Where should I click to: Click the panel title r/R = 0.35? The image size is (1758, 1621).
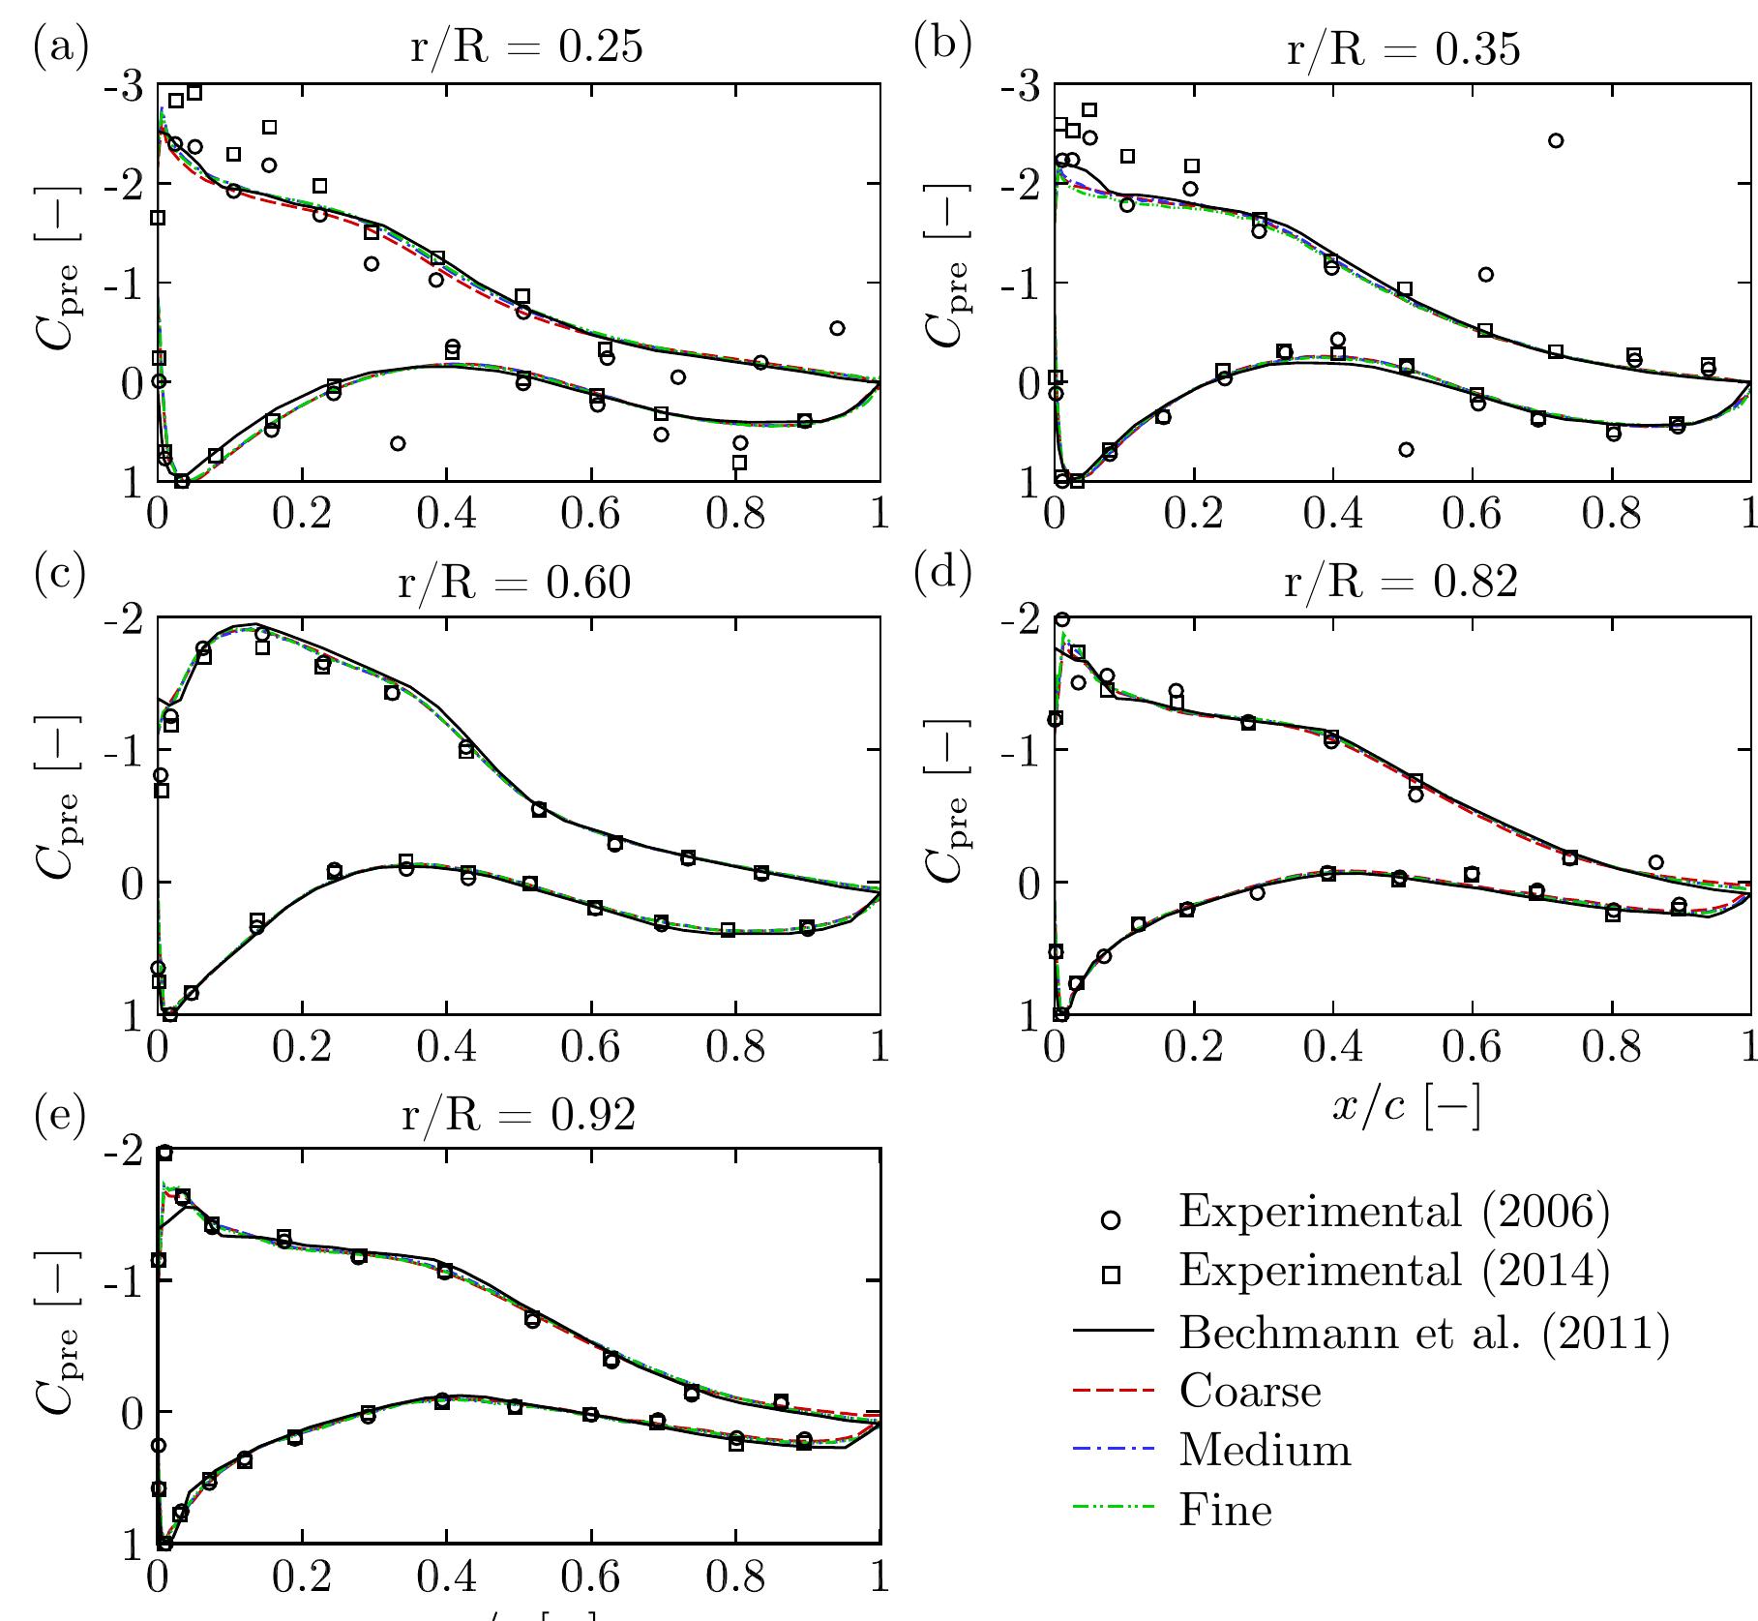(x=1403, y=47)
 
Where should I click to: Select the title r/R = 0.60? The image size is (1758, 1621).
(x=515, y=583)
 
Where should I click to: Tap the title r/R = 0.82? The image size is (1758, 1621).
(x=1401, y=583)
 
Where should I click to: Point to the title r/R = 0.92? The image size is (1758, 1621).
(x=520, y=1115)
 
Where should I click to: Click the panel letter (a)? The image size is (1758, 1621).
(x=61, y=45)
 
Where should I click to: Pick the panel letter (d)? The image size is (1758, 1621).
(x=942, y=573)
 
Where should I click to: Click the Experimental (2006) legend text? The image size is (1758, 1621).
(x=1394, y=1211)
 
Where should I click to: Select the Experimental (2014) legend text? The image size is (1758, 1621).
(x=1394, y=1271)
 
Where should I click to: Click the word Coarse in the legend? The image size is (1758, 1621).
(x=1250, y=1392)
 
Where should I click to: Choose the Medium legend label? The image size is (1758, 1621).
(x=1265, y=1451)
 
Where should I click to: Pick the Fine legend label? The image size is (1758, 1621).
(x=1225, y=1510)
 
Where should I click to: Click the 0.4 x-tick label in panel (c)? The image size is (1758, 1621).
(x=446, y=1048)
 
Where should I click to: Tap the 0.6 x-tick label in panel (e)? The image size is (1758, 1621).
(x=591, y=1579)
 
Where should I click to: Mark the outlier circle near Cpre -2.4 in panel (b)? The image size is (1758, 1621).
(x=1556, y=140)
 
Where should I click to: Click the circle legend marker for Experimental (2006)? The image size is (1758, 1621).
(x=1112, y=1220)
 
